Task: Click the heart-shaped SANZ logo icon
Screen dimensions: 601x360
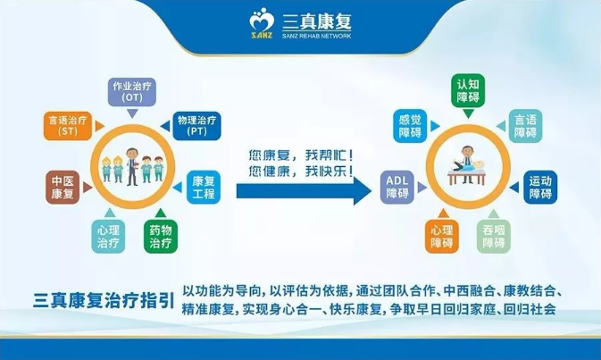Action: tap(261, 23)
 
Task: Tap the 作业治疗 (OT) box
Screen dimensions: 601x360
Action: tap(132, 92)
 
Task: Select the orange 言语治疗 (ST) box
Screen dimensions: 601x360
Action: tap(68, 126)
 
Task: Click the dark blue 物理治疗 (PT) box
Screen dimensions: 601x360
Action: tap(196, 126)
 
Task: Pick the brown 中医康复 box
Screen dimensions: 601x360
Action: tap(63, 187)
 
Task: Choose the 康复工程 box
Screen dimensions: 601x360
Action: tap(204, 187)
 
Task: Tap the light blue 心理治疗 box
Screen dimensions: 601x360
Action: tap(108, 236)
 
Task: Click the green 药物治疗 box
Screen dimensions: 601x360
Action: tap(161, 236)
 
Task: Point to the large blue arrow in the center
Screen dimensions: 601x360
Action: tap(304, 190)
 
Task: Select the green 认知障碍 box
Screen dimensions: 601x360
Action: tap(468, 91)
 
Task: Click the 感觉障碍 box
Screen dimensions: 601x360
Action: tap(410, 126)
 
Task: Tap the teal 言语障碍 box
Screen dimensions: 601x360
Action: tap(525, 126)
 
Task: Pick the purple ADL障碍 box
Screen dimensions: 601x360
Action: tap(397, 187)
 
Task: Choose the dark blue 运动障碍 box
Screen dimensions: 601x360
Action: tap(540, 187)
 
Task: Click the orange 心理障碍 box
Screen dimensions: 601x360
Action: tap(442, 236)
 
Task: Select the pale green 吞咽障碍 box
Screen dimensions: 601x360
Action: tap(494, 236)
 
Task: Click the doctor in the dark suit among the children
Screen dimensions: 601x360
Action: tap(132, 166)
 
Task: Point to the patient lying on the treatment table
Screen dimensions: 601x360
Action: tap(468, 167)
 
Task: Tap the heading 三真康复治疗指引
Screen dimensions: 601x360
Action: tap(104, 300)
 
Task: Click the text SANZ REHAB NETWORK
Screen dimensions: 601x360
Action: tap(317, 36)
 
